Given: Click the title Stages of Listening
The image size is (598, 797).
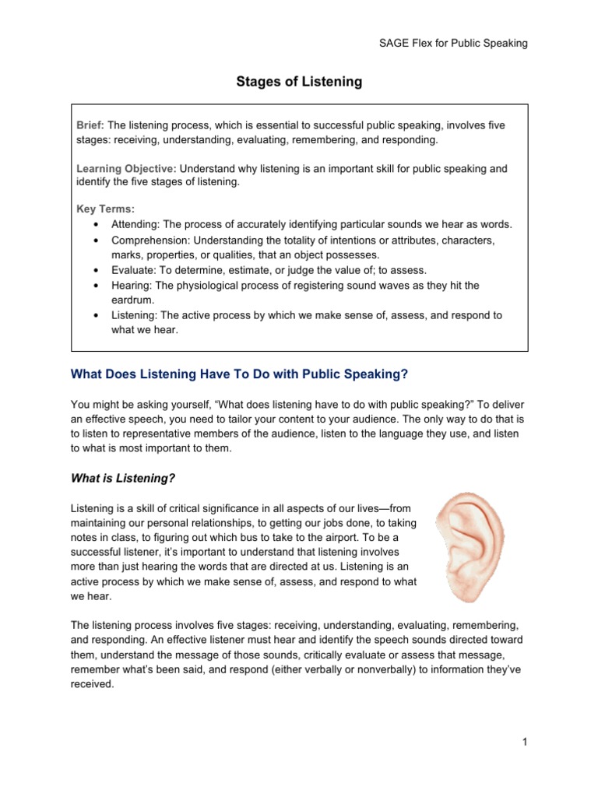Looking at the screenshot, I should pos(300,82).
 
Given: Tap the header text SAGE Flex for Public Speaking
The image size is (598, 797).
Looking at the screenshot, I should pos(452,43).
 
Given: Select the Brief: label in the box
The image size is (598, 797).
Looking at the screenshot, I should pos(90,125).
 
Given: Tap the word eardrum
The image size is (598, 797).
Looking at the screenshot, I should pos(134,300).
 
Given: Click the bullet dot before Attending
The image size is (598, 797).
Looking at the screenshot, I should pos(95,225).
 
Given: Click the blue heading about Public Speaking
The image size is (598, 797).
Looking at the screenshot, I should pos(239,374).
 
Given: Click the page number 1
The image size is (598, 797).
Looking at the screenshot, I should pos(526,743).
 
